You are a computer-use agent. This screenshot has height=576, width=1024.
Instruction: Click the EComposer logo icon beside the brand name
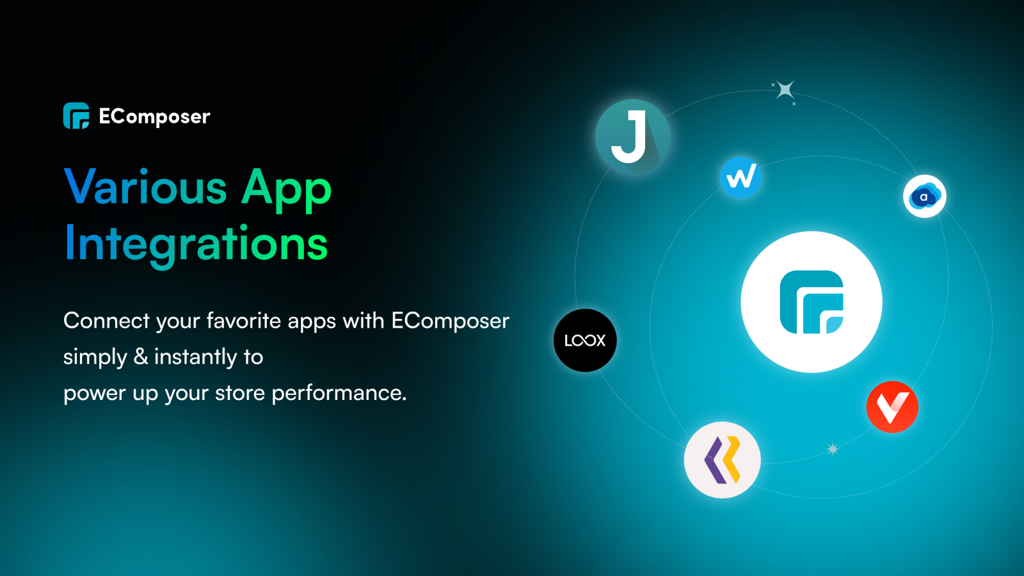tap(76, 116)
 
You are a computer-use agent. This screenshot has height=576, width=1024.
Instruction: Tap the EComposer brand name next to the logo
tap(154, 116)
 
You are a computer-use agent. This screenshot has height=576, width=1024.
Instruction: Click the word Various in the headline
tap(146, 188)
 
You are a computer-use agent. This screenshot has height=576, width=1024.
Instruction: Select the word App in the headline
tap(286, 189)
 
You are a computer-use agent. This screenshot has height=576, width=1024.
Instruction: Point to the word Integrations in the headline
tap(196, 244)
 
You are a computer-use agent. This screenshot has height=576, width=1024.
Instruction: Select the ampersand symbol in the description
tap(141, 356)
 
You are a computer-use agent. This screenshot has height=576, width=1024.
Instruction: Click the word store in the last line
tap(240, 393)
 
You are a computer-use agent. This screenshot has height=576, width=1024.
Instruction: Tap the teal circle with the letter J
tap(632, 136)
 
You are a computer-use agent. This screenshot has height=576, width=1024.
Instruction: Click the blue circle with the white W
tap(740, 177)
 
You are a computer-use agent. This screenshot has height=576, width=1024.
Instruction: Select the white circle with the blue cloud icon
tap(924, 196)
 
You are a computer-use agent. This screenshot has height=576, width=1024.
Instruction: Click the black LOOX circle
tap(585, 340)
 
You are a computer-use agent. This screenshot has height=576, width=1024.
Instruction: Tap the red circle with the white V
tap(892, 407)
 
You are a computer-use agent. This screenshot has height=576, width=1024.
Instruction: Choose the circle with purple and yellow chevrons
tap(723, 460)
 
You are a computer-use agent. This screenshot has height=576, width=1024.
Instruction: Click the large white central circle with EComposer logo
tap(812, 301)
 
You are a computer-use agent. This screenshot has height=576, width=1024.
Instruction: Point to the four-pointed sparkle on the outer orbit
tap(785, 90)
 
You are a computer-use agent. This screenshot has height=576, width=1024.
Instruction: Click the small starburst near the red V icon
tap(833, 449)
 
